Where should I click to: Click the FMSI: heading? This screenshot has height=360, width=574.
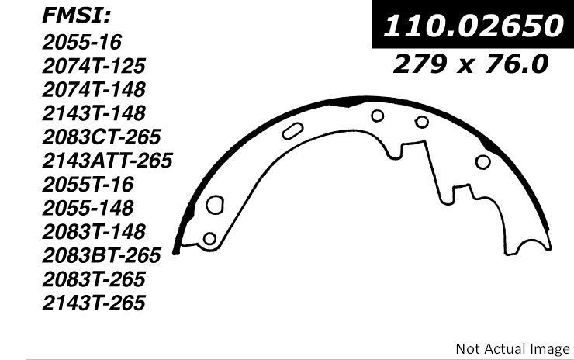[x=76, y=16]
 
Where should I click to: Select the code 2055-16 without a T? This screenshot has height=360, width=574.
[x=81, y=42]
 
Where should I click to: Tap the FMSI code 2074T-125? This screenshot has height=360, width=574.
[x=94, y=66]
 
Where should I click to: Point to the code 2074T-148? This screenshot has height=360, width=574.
[x=94, y=90]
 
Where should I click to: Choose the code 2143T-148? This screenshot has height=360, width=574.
[x=94, y=113]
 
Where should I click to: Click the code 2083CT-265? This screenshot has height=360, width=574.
[x=102, y=137]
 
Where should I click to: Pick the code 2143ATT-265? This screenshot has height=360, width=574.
[x=107, y=161]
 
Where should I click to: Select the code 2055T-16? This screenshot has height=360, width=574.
[x=88, y=184]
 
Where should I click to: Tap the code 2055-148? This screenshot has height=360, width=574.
[x=88, y=208]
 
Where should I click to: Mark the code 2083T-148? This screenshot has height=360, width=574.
[x=94, y=232]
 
